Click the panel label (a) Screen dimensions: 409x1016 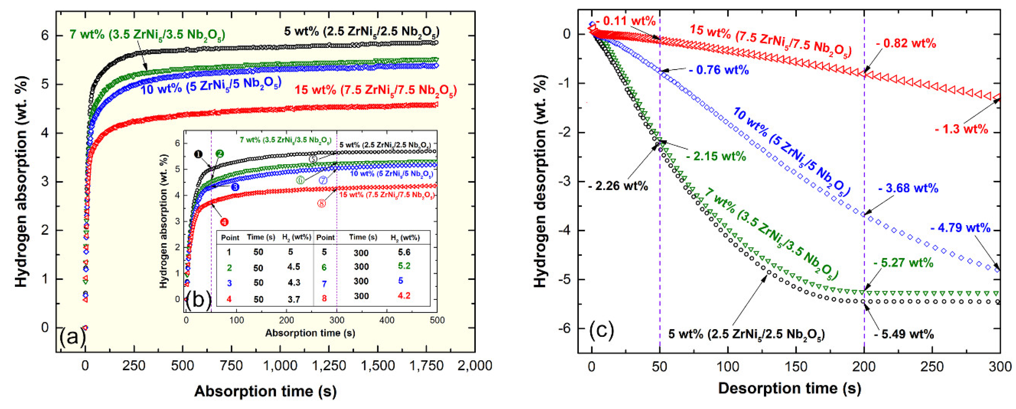coord(71,337)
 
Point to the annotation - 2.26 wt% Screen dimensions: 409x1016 coord(618,186)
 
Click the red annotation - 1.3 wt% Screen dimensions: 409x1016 coord(962,129)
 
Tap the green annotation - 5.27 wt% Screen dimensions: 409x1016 coord(903,263)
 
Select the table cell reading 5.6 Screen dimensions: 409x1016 coord(404,252)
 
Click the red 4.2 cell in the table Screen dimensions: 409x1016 coord(404,295)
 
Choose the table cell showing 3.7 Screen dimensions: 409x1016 coord(294,299)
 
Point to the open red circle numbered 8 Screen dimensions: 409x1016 coord(321,204)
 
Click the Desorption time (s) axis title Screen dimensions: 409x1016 coord(790,388)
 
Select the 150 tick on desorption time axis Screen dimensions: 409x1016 coord(796,367)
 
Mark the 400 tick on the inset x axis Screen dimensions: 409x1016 coord(386,320)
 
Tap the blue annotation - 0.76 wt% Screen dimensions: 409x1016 coord(719,70)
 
